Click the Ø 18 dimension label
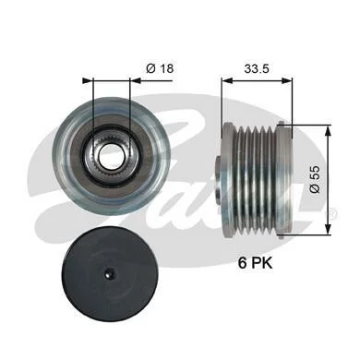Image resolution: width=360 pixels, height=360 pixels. pos(160,68)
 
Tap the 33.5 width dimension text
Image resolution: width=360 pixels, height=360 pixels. pos(257,68)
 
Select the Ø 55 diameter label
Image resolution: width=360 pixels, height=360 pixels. pos(315,179)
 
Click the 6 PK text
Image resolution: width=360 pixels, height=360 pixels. pos(255,263)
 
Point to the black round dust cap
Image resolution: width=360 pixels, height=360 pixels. pos(111,271)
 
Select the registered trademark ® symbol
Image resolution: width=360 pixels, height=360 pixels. pos(332,213)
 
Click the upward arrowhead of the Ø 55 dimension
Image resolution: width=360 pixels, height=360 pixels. pos(329,130)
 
